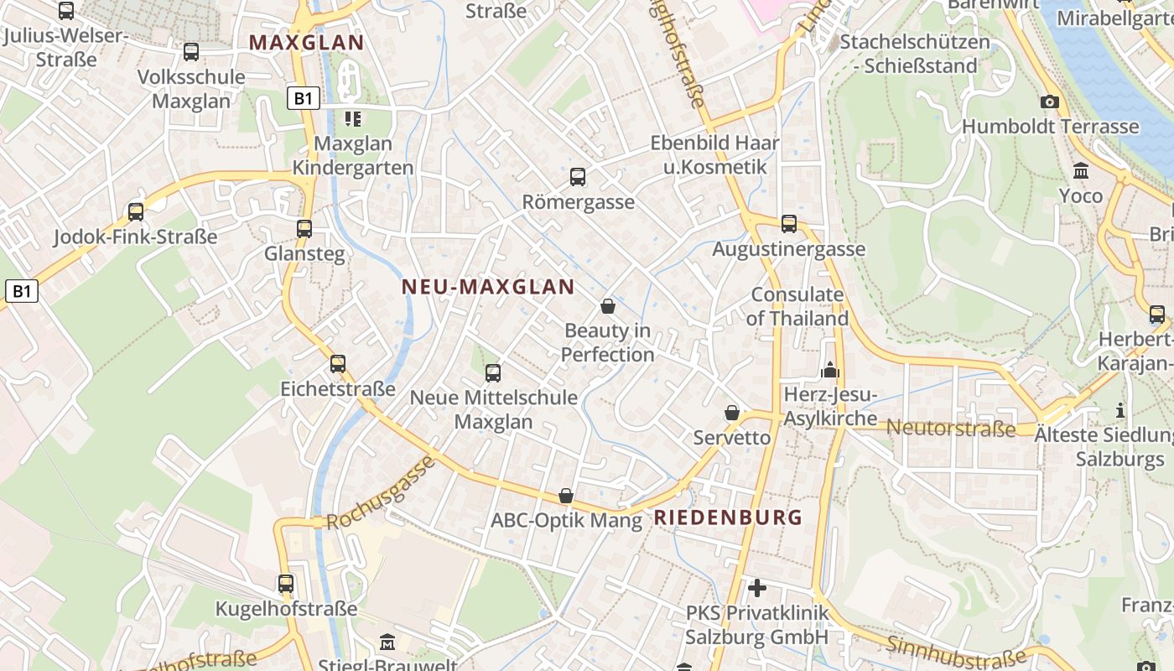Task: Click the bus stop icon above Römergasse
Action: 578,177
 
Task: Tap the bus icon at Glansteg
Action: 304,228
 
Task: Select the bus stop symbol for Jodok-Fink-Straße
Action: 136,211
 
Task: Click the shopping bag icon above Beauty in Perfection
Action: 608,306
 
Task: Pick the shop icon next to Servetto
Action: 732,413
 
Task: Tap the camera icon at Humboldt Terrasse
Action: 1049,102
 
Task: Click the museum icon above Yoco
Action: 1081,171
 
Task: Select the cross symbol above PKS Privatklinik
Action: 757,588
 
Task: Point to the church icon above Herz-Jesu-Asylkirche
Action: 830,370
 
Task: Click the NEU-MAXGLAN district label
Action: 488,287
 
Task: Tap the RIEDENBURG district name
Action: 728,518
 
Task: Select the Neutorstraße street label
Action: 950,428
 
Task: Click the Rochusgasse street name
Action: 381,493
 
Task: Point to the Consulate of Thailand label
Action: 797,306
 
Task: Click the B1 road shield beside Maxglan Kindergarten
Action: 304,99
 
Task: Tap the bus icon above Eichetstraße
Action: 338,364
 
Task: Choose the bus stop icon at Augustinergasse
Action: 789,224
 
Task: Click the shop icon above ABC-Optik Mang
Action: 566,496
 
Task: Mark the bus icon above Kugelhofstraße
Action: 286,584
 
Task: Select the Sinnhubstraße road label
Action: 955,652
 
